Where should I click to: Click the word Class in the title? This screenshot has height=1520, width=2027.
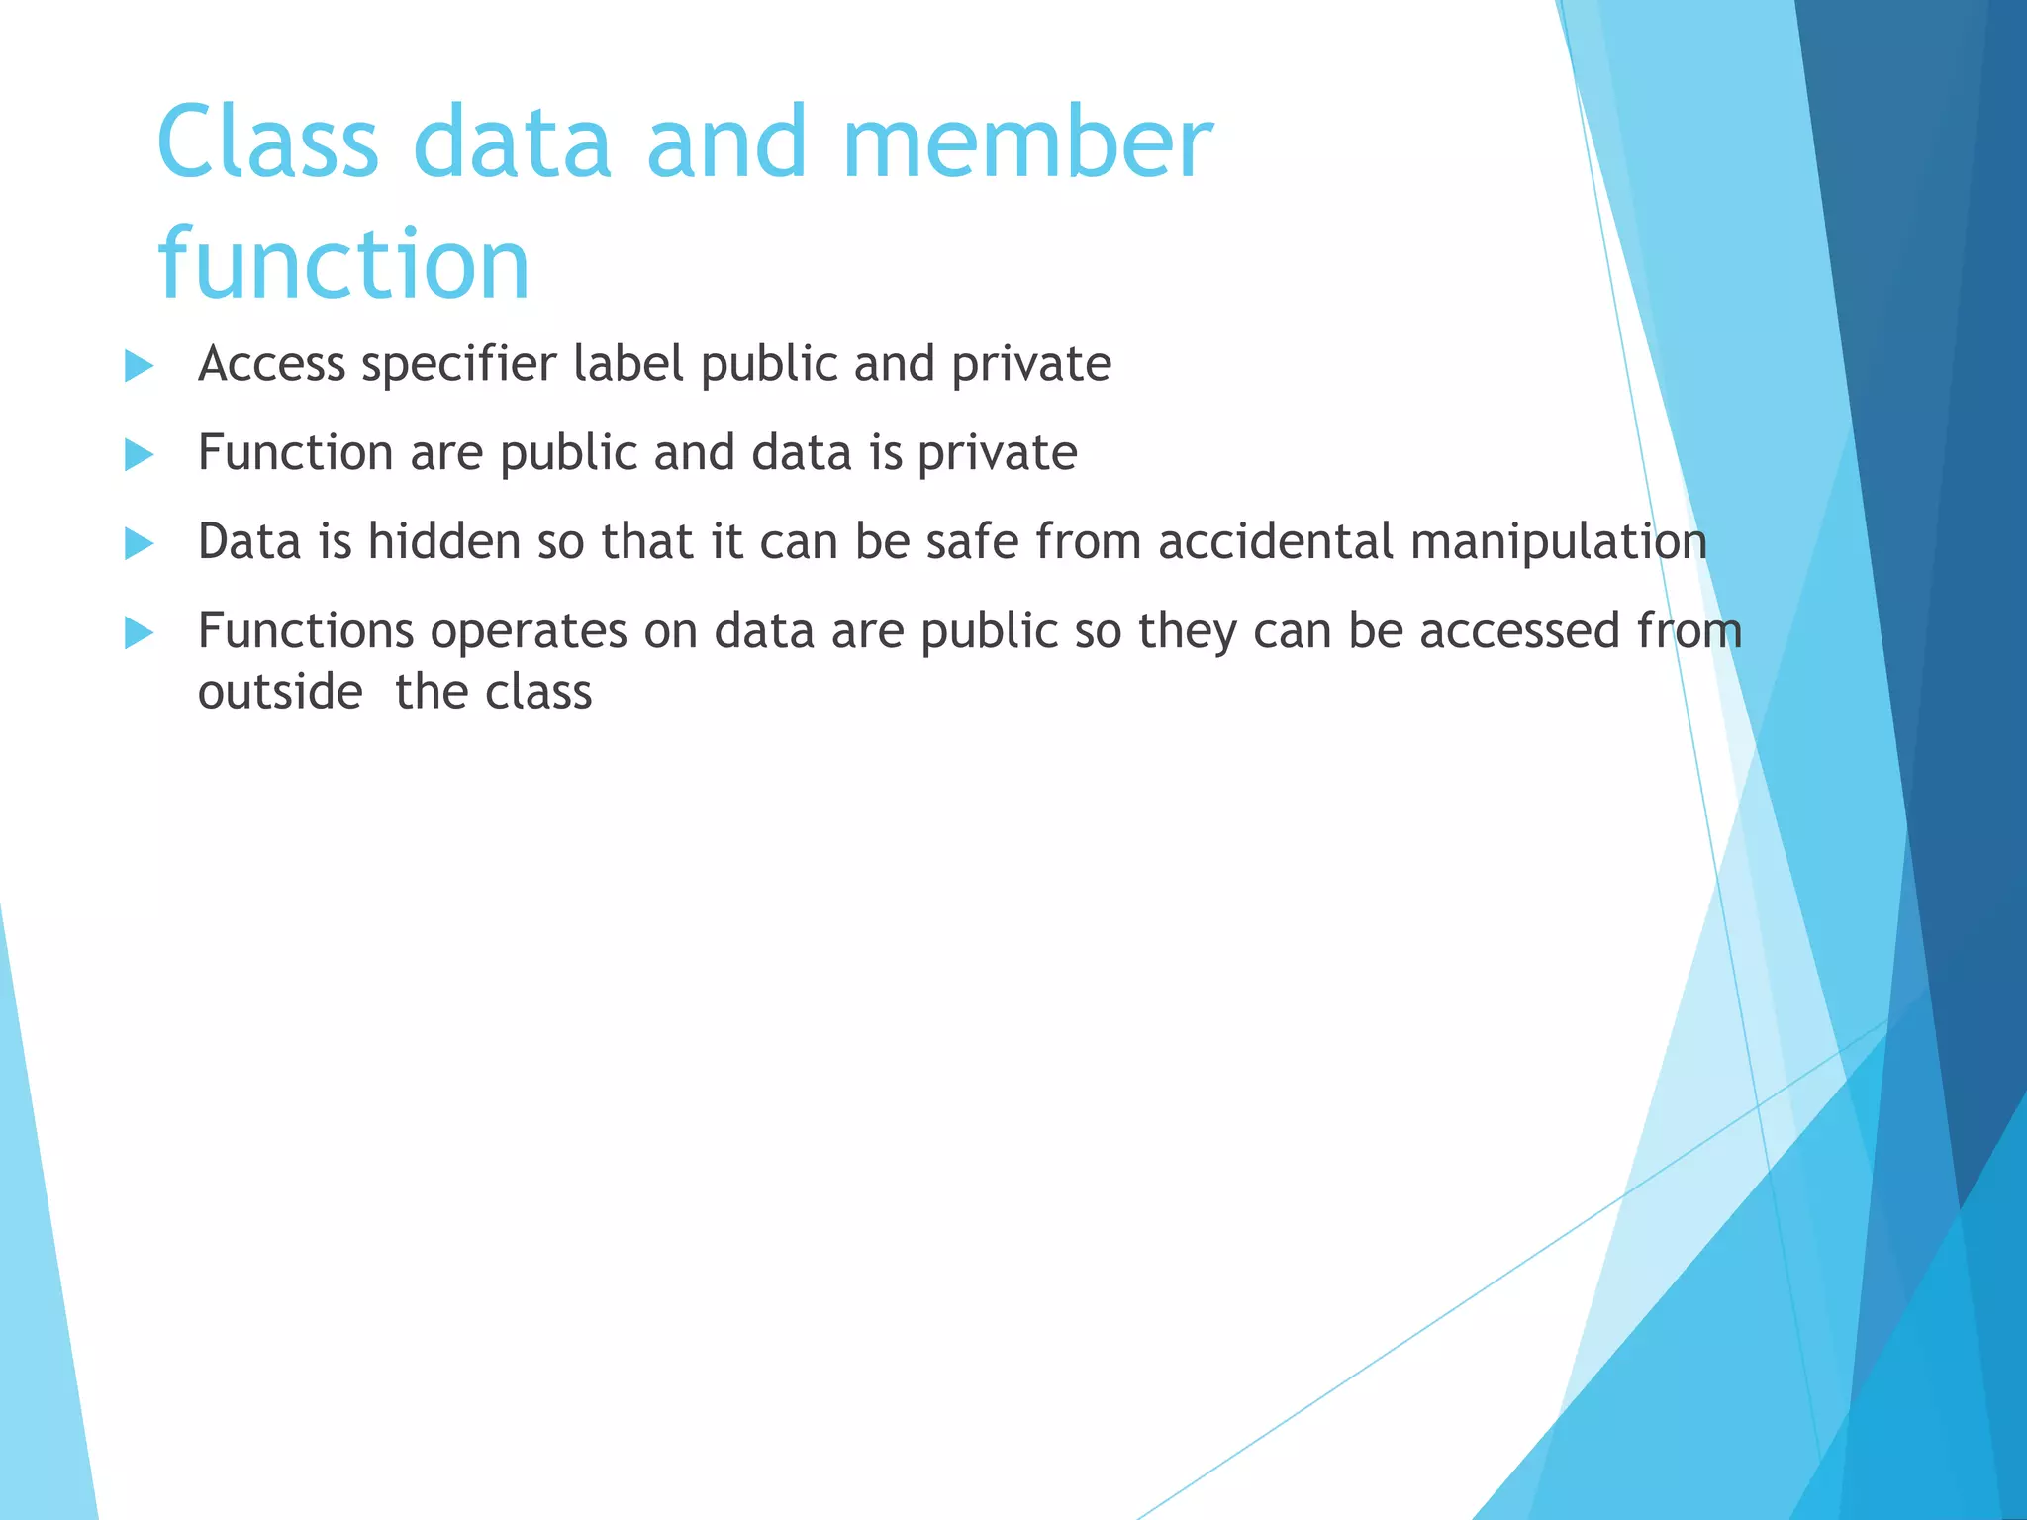(x=267, y=143)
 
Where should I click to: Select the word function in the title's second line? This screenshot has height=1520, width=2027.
(x=343, y=264)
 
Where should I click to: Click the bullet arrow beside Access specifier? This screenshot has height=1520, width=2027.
(x=140, y=366)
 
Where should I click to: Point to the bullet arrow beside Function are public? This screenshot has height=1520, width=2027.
(x=140, y=455)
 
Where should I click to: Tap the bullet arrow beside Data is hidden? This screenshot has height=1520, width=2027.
(x=140, y=544)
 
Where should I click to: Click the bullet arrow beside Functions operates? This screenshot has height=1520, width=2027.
(x=140, y=633)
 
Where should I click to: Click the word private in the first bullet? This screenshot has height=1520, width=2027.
(x=1031, y=365)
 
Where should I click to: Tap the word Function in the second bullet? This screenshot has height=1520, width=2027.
(x=296, y=453)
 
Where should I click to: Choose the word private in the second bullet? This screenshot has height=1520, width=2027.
(x=997, y=454)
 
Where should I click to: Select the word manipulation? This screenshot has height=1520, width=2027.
(x=1559, y=542)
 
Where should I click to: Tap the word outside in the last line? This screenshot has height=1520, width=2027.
(x=280, y=692)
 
